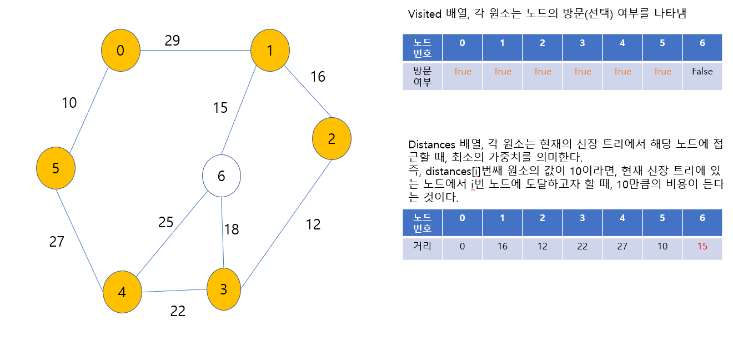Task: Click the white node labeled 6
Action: click(x=221, y=177)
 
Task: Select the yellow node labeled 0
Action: click(x=120, y=51)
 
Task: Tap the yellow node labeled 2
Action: click(x=332, y=139)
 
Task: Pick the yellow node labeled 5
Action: click(x=56, y=168)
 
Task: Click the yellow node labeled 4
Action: click(x=122, y=292)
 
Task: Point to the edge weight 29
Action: click(x=172, y=41)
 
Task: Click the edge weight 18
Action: click(x=231, y=229)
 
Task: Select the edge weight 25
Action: click(x=166, y=222)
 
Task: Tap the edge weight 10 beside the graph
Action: click(x=69, y=103)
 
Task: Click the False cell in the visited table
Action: click(x=702, y=72)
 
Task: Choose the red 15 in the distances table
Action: click(x=702, y=246)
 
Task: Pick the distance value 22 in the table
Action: click(x=582, y=246)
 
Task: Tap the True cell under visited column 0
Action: click(x=462, y=72)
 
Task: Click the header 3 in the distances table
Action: click(x=582, y=218)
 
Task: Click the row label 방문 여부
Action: click(x=422, y=76)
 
